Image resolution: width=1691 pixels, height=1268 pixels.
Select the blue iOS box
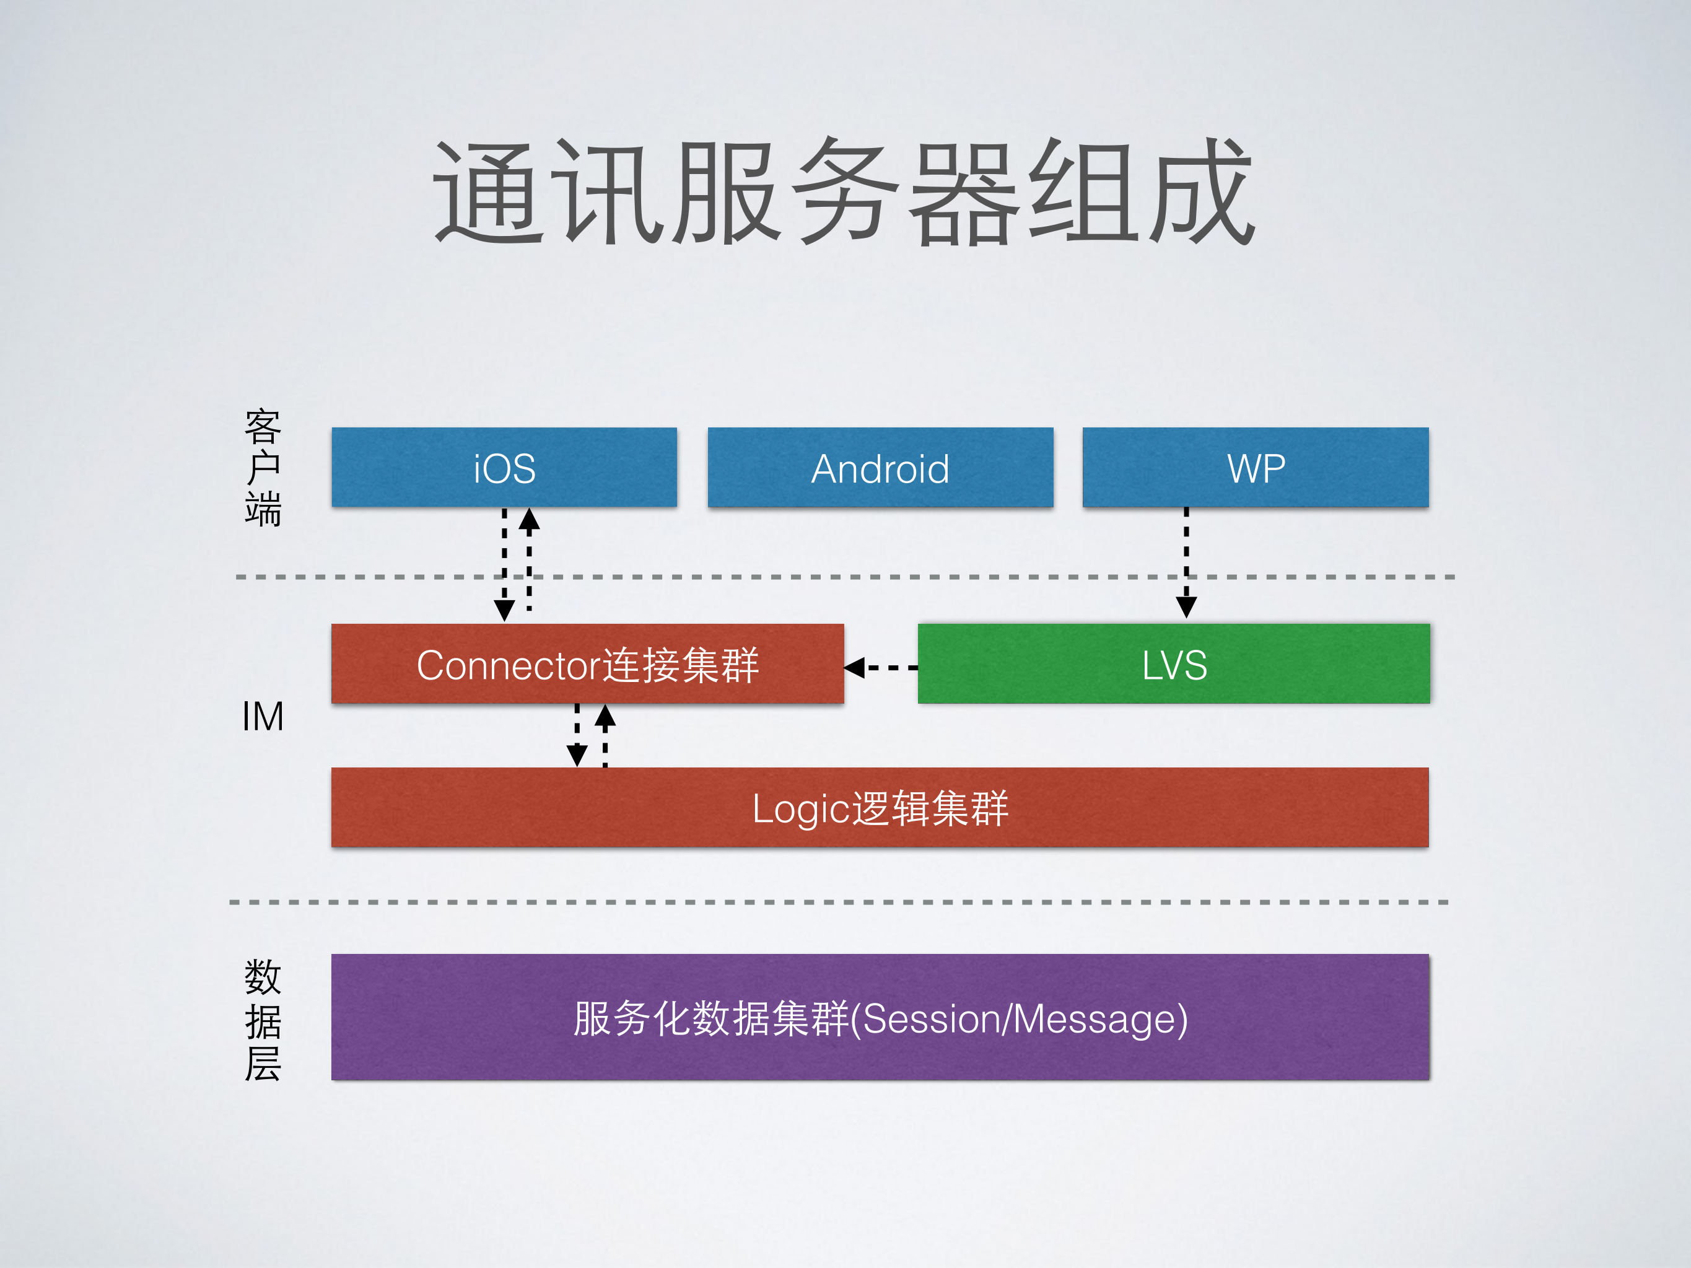[504, 467]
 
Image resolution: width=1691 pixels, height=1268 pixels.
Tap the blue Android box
[880, 467]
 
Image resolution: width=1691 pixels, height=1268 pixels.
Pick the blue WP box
[1256, 467]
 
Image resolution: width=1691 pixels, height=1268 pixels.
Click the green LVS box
[1173, 663]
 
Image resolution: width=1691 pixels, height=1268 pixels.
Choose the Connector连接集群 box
[587, 663]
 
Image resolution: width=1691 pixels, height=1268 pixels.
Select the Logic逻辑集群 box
[879, 807]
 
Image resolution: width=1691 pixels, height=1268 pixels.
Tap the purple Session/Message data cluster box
[879, 1017]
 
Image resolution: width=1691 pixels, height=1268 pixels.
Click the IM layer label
[262, 716]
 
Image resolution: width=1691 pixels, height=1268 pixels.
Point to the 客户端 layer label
[262, 467]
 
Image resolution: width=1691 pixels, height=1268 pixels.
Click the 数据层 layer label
[262, 1020]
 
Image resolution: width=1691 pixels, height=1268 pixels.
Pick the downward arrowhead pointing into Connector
[504, 610]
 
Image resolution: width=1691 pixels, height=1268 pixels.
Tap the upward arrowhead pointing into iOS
[529, 520]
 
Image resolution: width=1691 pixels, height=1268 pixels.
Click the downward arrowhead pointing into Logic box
[577, 755]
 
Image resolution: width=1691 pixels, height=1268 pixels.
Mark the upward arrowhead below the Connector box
[605, 715]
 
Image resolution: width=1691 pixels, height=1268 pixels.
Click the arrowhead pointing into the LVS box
[1186, 607]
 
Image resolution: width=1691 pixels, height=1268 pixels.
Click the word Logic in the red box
[800, 808]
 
